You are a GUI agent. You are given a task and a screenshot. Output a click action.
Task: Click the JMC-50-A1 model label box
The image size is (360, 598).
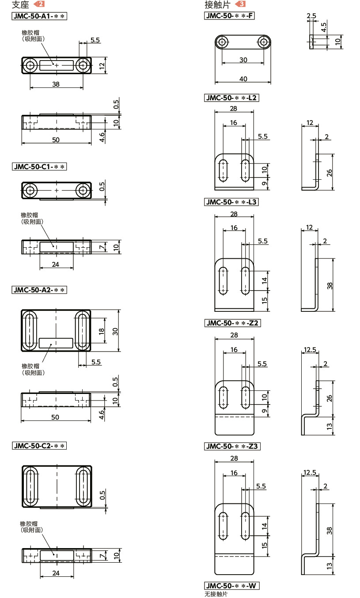(39, 16)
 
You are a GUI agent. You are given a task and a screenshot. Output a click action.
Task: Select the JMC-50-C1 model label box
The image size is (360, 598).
(39, 167)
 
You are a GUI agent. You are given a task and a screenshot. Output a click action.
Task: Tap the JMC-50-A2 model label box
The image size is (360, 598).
(39, 290)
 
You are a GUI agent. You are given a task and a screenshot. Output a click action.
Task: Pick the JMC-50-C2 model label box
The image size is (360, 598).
(39, 446)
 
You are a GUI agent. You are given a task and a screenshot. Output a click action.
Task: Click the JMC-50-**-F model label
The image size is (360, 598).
(229, 16)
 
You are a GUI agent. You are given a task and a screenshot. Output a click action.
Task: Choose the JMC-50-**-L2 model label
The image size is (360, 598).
(231, 98)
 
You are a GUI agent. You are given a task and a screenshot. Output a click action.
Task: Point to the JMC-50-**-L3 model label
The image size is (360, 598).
(231, 202)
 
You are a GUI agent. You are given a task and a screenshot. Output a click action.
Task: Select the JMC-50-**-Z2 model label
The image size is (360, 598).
(232, 323)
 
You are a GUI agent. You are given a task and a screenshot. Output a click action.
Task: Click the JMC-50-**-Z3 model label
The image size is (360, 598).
(232, 446)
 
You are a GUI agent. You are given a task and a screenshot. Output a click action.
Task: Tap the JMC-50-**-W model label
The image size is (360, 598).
(231, 586)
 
